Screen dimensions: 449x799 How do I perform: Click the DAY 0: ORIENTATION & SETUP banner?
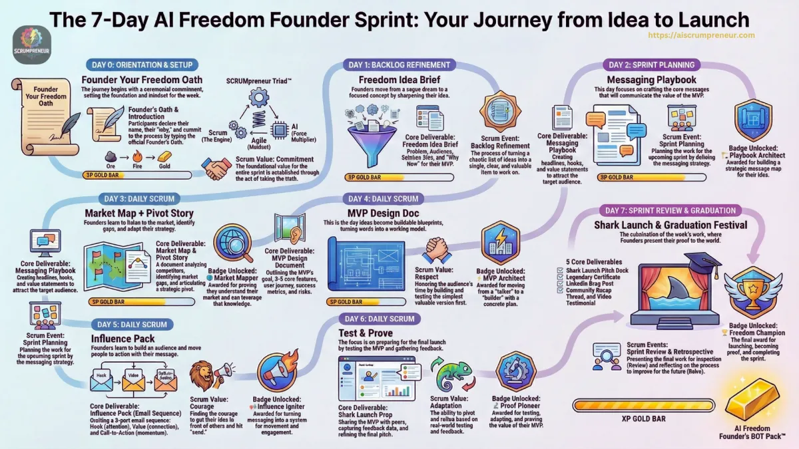coord(139,65)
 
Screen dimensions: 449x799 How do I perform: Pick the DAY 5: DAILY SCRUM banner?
coord(130,324)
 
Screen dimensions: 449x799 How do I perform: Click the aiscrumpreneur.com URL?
coord(700,35)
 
